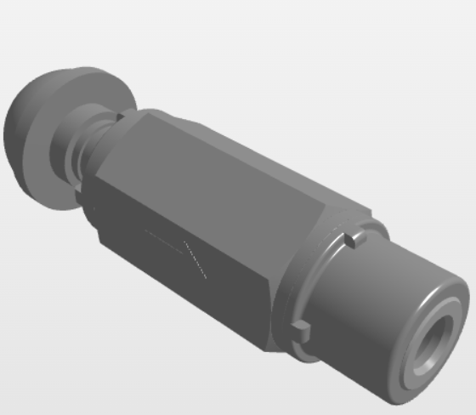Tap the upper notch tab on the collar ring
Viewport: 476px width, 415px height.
(x=350, y=241)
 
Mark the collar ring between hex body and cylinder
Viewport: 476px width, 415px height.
(x=319, y=281)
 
